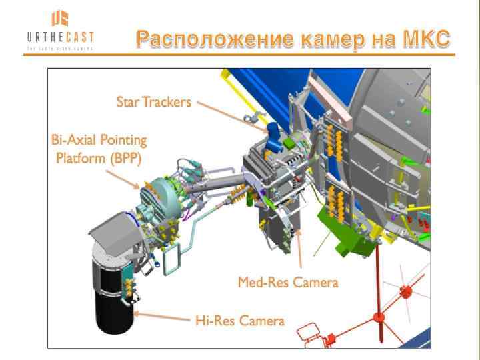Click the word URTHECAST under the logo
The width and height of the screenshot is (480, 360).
coord(60,37)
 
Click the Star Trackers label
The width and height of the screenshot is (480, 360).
coord(154,102)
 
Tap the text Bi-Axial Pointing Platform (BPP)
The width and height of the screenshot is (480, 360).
coord(99,149)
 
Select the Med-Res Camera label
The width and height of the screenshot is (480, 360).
coord(288,283)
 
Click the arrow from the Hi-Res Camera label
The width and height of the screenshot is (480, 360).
coord(160,315)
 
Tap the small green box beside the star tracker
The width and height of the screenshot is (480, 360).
coord(291,141)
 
